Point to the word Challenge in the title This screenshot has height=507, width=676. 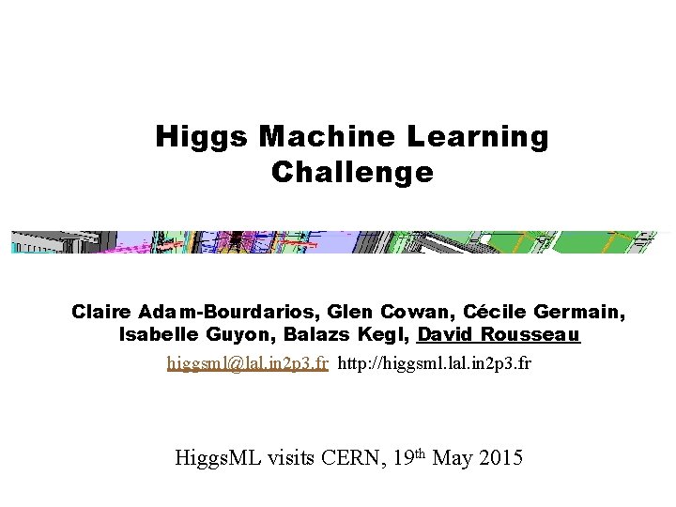pyautogui.click(x=352, y=173)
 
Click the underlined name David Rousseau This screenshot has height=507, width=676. pyautogui.click(x=499, y=334)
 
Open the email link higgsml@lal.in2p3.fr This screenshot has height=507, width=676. pyautogui.click(x=247, y=362)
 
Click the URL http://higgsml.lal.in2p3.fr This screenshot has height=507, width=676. pyautogui.click(x=434, y=362)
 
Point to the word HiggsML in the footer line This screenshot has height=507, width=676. pyautogui.click(x=220, y=458)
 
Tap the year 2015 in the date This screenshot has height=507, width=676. pyautogui.click(x=500, y=458)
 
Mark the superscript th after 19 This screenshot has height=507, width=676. pyautogui.click(x=421, y=453)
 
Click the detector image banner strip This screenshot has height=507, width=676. pyautogui.click(x=338, y=242)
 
